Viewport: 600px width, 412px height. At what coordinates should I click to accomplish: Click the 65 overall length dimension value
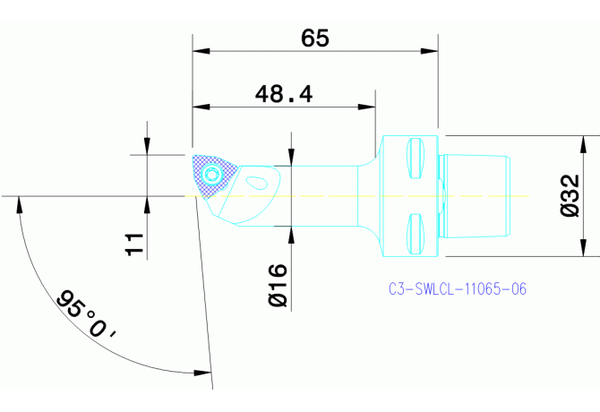(315, 39)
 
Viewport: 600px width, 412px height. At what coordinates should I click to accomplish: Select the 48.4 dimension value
(283, 94)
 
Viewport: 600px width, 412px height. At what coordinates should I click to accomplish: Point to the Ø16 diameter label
(278, 286)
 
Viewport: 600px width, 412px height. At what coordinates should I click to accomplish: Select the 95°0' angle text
(87, 314)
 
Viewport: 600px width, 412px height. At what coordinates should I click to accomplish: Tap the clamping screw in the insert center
(211, 174)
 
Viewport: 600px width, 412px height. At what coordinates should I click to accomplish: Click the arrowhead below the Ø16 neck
(291, 233)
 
